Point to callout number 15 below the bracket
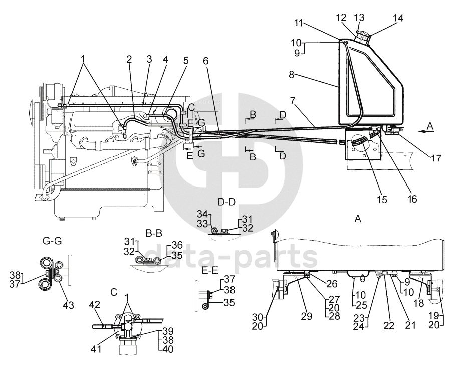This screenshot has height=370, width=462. coord(382,199)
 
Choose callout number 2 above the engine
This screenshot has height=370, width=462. coord(129,59)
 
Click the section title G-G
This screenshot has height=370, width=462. coord(52,240)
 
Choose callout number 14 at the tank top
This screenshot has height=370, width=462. coord(398,19)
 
